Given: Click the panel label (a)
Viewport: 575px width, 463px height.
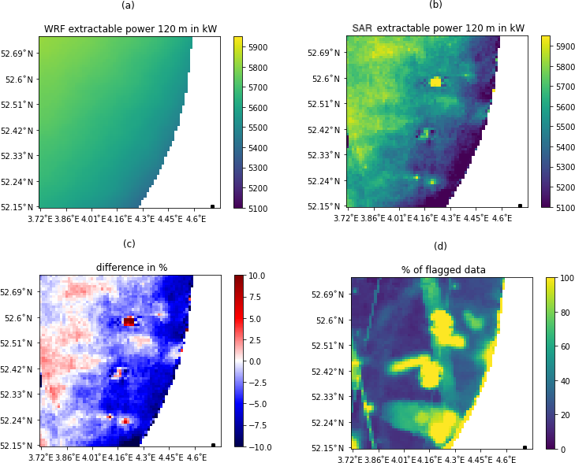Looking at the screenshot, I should pyautogui.click(x=128, y=6).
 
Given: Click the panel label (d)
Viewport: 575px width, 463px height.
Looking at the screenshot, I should pyautogui.click(x=440, y=246).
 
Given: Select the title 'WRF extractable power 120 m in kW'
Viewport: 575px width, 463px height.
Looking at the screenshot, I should pyautogui.click(x=130, y=29).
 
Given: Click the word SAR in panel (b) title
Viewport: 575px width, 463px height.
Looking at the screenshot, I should pyautogui.click(x=362, y=28).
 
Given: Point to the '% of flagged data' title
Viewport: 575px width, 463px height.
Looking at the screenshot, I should pyautogui.click(x=443, y=270).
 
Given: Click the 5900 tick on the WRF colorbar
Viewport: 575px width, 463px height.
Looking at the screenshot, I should pyautogui.click(x=259, y=47).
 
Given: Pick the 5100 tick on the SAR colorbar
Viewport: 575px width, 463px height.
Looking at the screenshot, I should pyautogui.click(x=566, y=208).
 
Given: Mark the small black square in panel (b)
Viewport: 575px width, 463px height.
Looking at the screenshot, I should pyautogui.click(x=520, y=206).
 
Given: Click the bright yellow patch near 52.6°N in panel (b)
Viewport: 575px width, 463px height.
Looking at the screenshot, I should pyautogui.click(x=435, y=81).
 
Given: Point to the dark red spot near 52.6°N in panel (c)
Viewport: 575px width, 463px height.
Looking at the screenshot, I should pyautogui.click(x=129, y=321).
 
